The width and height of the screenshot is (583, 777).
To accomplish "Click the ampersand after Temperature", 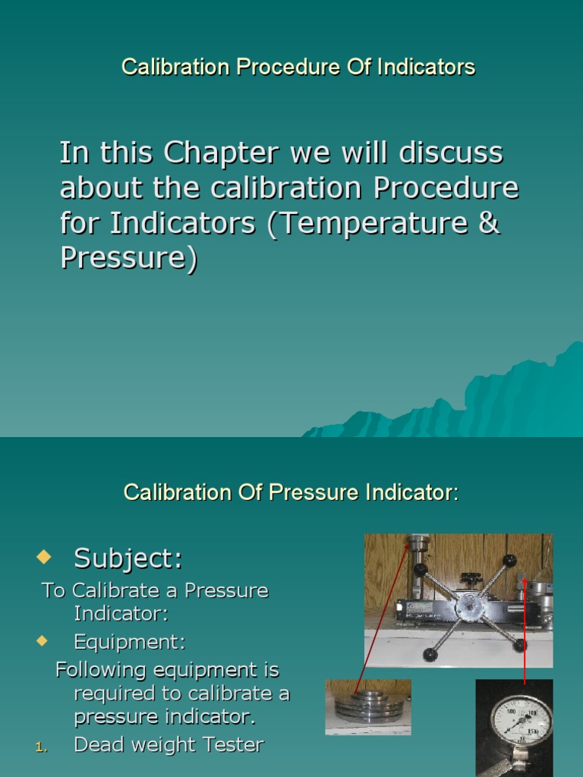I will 490,223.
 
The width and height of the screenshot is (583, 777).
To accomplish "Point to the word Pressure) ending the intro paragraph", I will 128,258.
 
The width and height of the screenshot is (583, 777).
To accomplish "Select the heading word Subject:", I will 128,558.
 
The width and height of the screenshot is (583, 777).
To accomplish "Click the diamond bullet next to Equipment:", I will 42,641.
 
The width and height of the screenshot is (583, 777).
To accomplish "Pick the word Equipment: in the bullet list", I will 129,642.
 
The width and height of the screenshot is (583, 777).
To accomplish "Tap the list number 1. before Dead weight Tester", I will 42,747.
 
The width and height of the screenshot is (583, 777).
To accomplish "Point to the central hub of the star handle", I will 469,605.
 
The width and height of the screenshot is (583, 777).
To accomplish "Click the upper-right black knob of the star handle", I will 509,561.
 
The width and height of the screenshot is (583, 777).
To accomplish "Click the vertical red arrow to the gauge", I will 525,630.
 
